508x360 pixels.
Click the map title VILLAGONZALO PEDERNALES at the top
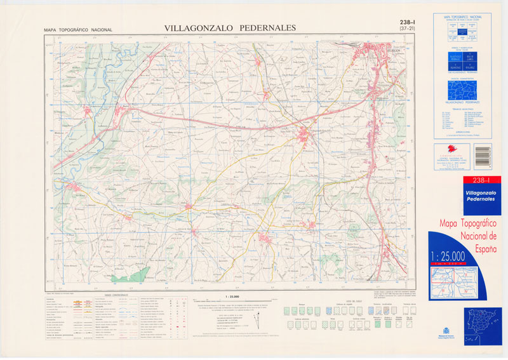230,28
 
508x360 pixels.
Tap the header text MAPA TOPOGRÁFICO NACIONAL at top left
77,30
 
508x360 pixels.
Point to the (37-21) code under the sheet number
404,29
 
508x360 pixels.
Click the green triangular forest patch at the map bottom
130,275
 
